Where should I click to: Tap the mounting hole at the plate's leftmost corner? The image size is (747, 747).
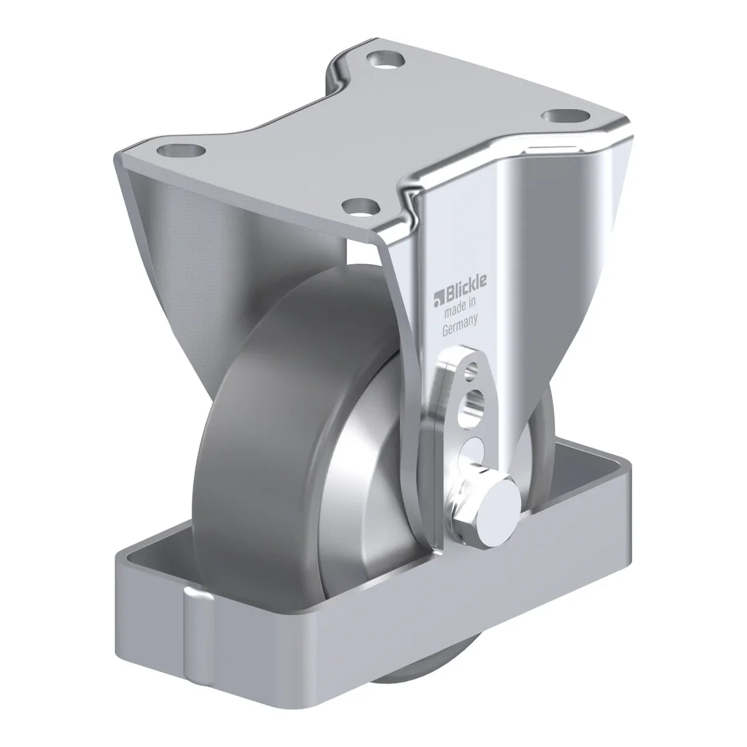[x=181, y=151]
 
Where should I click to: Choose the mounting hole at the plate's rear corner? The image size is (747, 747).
[x=385, y=60]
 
